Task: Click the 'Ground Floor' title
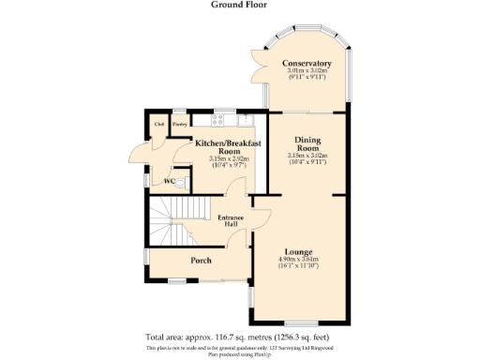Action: (239, 5)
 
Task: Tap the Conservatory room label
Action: (307, 63)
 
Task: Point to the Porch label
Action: (201, 260)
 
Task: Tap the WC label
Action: (170, 181)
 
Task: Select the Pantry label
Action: (179, 122)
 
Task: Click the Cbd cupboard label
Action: (159, 122)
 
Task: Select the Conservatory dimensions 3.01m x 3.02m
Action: (307, 70)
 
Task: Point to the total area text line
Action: (240, 337)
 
